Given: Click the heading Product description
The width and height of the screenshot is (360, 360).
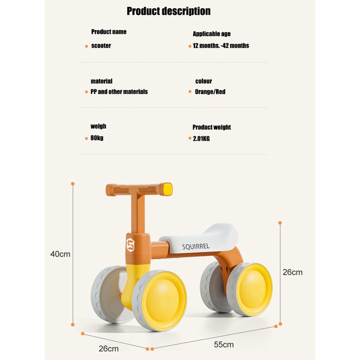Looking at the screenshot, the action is (169, 11).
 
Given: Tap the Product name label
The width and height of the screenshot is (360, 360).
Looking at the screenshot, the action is (108, 32).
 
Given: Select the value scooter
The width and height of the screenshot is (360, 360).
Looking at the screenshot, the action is (101, 46).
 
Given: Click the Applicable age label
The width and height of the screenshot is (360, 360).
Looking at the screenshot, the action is (211, 34).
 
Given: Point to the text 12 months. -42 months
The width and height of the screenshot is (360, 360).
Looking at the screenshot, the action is (221, 46).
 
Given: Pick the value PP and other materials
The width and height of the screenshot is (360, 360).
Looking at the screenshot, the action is (119, 92).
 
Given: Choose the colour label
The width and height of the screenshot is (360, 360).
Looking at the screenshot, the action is (203, 81).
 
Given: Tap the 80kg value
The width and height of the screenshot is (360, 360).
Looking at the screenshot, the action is (97, 138).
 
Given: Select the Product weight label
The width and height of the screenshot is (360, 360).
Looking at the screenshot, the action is (211, 127).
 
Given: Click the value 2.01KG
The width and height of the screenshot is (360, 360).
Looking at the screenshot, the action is (201, 138).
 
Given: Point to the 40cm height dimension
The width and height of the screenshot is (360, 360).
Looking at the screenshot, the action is (60, 254).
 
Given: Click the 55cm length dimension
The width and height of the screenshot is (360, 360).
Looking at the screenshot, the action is (224, 345).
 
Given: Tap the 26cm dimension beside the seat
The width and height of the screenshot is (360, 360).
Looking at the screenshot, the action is (293, 273).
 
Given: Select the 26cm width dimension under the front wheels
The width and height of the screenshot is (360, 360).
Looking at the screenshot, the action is (109, 349).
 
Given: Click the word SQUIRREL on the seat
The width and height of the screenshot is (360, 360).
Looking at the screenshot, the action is (196, 247).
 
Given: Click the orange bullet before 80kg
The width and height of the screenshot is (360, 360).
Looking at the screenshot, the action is (86, 138).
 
